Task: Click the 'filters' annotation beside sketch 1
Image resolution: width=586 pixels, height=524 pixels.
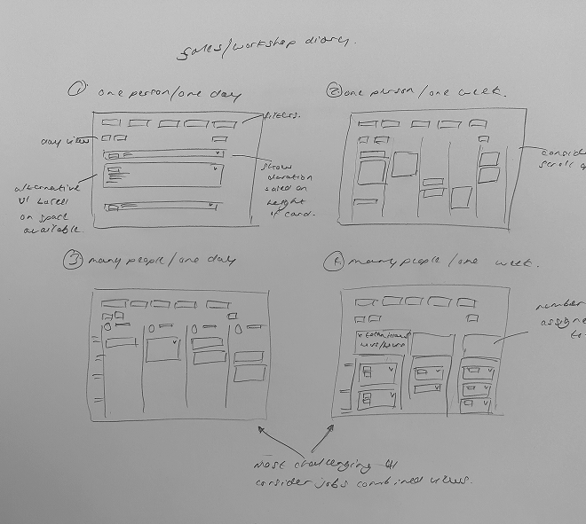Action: pyautogui.click(x=282, y=115)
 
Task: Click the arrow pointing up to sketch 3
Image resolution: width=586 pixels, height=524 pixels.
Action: pyautogui.click(x=262, y=432)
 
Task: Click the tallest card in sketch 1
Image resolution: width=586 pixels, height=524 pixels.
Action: pyautogui.click(x=164, y=176)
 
